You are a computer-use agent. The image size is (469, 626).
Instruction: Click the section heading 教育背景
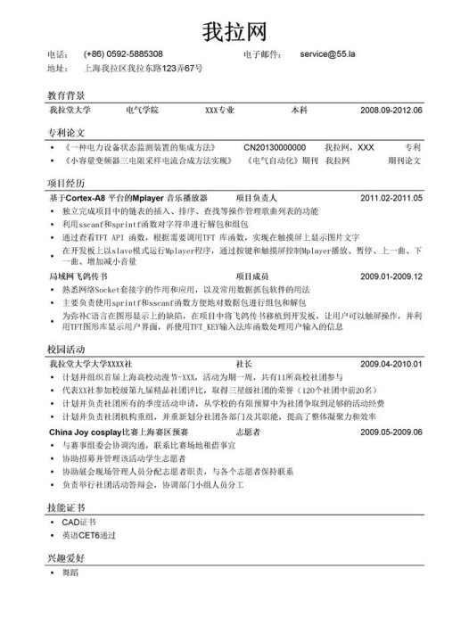(x=66, y=94)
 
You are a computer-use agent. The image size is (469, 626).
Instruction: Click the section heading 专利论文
(x=66, y=131)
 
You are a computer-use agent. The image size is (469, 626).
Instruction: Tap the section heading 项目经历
(x=66, y=182)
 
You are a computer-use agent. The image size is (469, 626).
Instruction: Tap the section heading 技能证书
(x=66, y=506)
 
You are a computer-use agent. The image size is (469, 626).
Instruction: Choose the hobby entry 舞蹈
(x=72, y=572)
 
